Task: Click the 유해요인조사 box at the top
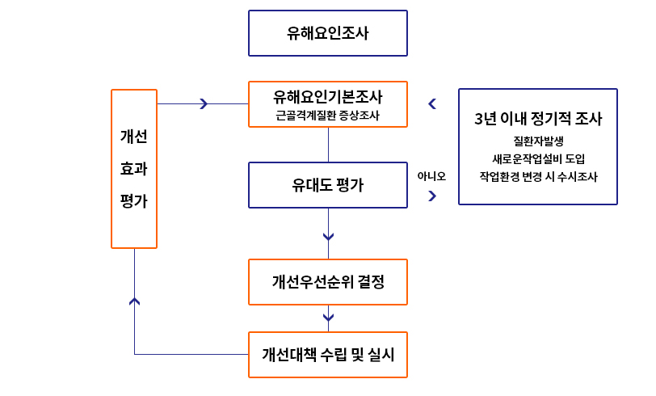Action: tap(328, 33)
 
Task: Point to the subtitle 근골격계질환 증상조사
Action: tap(328, 116)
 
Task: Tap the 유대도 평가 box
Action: tap(328, 185)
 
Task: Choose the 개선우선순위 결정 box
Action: tap(328, 282)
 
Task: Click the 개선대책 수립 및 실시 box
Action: tap(328, 354)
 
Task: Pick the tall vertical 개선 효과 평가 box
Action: tap(133, 168)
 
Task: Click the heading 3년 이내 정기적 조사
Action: tap(538, 118)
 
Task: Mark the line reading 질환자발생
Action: tap(538, 141)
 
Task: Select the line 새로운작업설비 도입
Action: tap(538, 158)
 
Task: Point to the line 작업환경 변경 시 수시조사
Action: tap(538, 175)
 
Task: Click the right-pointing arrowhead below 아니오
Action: tap(432, 196)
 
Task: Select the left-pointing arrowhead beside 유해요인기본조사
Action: tap(432, 103)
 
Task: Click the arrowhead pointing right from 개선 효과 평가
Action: tap(204, 103)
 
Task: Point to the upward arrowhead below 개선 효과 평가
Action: tap(134, 301)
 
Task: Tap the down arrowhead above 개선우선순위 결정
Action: tap(328, 237)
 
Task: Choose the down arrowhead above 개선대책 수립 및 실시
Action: tap(328, 317)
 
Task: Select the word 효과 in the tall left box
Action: tap(133, 169)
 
